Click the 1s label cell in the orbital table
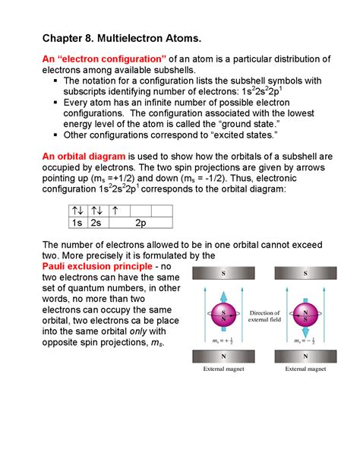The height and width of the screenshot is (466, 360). (77, 223)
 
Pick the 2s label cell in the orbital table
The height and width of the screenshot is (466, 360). (96, 223)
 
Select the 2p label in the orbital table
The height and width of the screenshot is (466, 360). (141, 223)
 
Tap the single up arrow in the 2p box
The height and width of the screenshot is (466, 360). (115, 210)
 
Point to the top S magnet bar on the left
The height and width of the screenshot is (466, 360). (223, 274)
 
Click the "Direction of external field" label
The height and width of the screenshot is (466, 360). (264, 317)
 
